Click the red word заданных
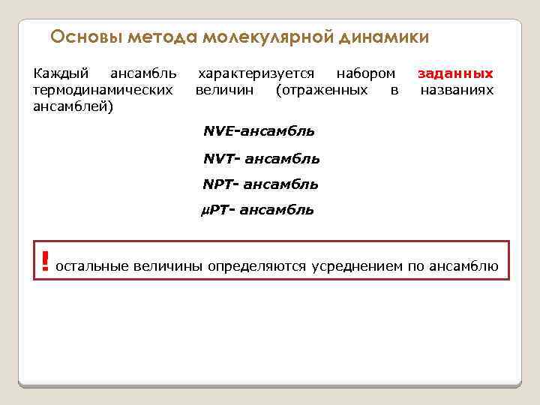coord(455,73)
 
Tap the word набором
coord(365,73)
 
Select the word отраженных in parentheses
coord(322,90)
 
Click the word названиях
coord(457,90)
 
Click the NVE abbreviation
coord(219,131)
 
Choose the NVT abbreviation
coord(218,158)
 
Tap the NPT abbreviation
coord(218,184)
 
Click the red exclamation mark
coord(46,260)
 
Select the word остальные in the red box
coord(92,265)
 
